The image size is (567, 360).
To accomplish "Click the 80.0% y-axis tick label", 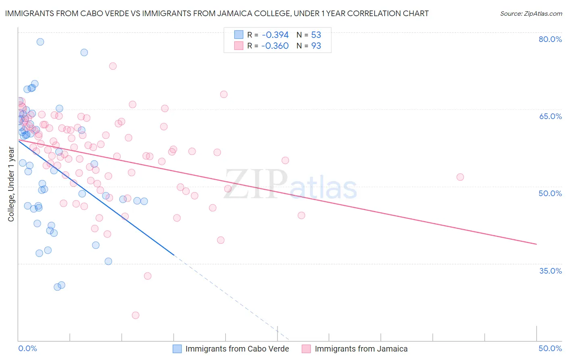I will coord(550,39).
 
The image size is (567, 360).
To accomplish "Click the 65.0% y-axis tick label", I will coord(550,116).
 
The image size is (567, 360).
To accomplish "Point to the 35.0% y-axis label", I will coord(550,271).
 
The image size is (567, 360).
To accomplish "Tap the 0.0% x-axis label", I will coord(27,348).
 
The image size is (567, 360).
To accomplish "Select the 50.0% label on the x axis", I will coord(550,348).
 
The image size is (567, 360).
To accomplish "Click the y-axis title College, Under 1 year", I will coord(11,184).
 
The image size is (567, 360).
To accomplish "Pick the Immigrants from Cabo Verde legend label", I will coord(237,349).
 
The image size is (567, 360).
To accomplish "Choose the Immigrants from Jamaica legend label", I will coord(361,349).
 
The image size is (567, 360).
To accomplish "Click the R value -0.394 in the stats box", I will coord(275,35).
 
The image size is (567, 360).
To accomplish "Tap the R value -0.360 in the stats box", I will coord(275,46).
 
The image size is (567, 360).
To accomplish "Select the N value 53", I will coord(316,35).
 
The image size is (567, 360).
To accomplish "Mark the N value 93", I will coord(316,46).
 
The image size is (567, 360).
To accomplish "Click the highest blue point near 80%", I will coord(40,42).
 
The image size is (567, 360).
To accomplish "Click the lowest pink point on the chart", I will coord(135,315).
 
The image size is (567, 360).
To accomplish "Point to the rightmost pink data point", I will coord(460,177).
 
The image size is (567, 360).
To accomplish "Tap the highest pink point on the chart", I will coord(113,66).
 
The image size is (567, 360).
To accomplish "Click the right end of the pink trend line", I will coord(536,244).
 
